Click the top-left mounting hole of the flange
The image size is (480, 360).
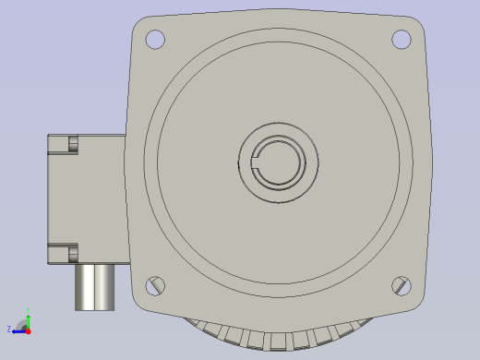155,40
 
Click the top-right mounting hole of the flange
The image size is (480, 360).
401,40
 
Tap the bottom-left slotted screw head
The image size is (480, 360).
155,286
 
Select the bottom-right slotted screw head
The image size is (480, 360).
401,285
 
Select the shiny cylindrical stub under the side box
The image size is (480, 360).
94,287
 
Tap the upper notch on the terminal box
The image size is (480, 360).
73,144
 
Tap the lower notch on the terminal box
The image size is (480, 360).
73,253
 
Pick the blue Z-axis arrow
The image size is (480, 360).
18,330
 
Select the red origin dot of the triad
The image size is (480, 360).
29,330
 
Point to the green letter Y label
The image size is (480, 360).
28,311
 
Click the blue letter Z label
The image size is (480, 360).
9,330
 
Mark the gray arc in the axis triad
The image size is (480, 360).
21,323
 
